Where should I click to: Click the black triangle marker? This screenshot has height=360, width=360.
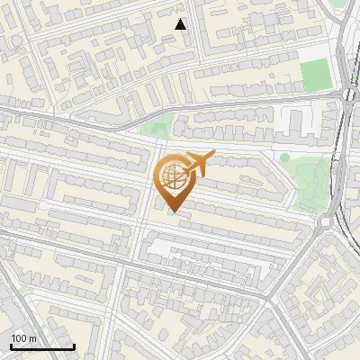click(181, 24)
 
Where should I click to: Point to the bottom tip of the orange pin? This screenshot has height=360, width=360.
click(173, 211)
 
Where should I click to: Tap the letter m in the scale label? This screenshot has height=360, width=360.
click(32, 338)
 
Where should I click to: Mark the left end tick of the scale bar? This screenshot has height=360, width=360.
click(11, 346)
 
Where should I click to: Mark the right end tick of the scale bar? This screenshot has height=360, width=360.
click(74, 346)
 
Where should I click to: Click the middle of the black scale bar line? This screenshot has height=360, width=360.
click(42, 347)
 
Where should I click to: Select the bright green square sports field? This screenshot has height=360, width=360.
click(314, 75)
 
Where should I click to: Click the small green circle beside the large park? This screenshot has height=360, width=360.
click(284, 157)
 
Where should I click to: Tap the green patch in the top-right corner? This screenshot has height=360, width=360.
click(337, 4)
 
